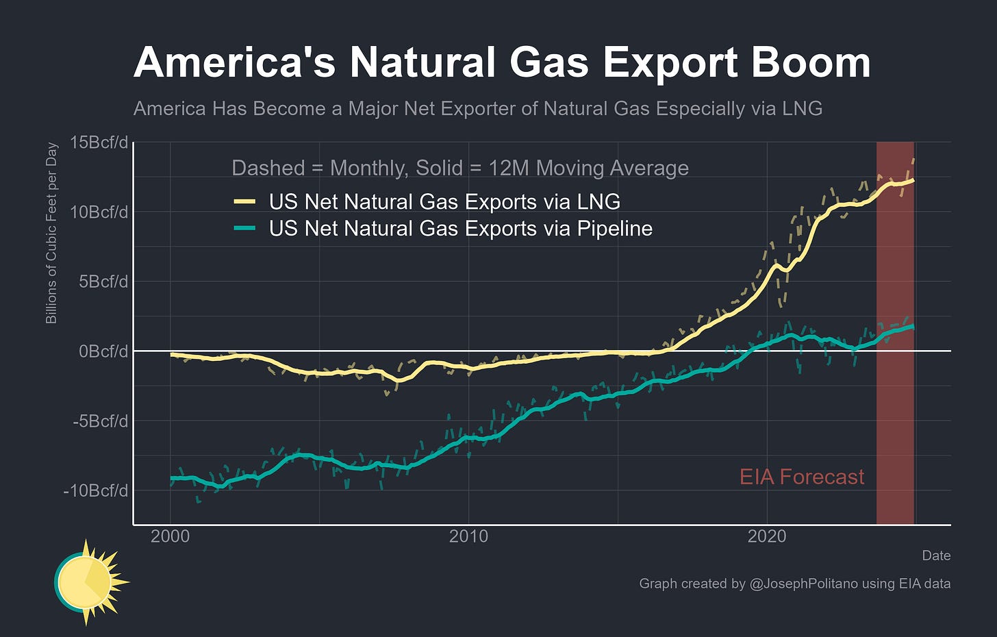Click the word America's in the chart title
tap(234, 63)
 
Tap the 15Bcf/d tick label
tap(99, 142)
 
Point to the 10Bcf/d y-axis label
tap(99, 212)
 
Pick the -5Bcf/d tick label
tap(100, 421)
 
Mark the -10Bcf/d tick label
tap(96, 491)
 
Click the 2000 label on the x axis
tap(170, 536)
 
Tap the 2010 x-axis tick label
tap(468, 536)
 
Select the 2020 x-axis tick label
tap(767, 536)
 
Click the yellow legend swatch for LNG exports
tap(244, 202)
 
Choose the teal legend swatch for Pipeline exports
tap(244, 229)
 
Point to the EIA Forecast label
tap(802, 477)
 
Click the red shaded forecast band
tap(895, 411)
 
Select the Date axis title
tap(936, 555)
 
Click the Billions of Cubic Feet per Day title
tap(51, 234)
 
